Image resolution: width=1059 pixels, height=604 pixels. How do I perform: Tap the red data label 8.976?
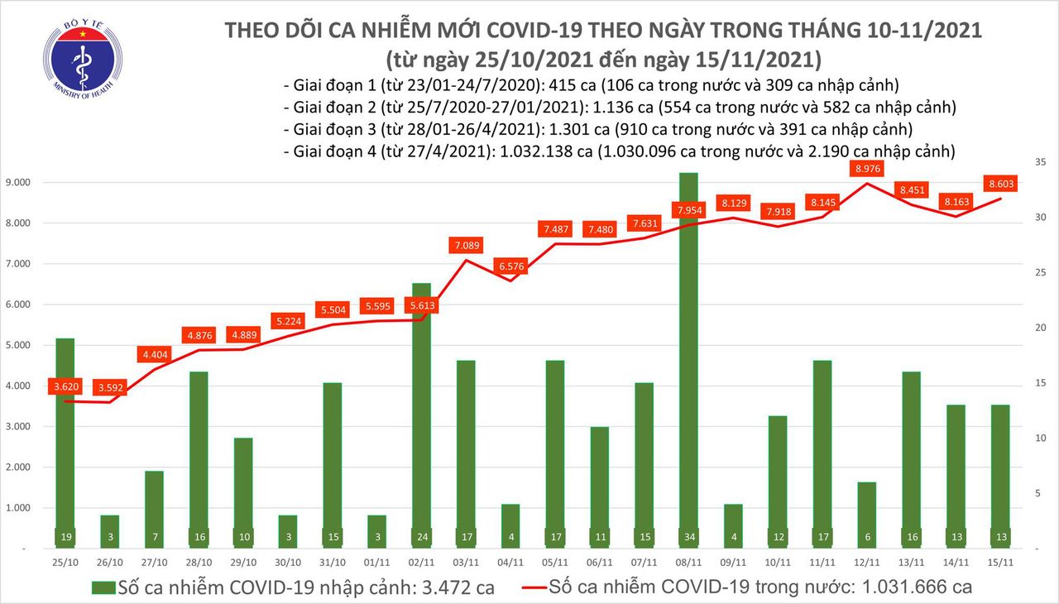click(x=866, y=170)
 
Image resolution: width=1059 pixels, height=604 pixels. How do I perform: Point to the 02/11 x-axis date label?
click(x=420, y=562)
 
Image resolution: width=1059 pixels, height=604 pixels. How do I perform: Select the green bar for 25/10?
click(x=66, y=439)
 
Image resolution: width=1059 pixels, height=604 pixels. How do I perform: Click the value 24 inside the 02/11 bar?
click(x=420, y=536)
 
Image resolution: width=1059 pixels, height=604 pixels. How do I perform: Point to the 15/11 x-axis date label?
click(x=999, y=562)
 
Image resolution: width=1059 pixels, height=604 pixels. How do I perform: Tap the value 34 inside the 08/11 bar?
click(x=688, y=536)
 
